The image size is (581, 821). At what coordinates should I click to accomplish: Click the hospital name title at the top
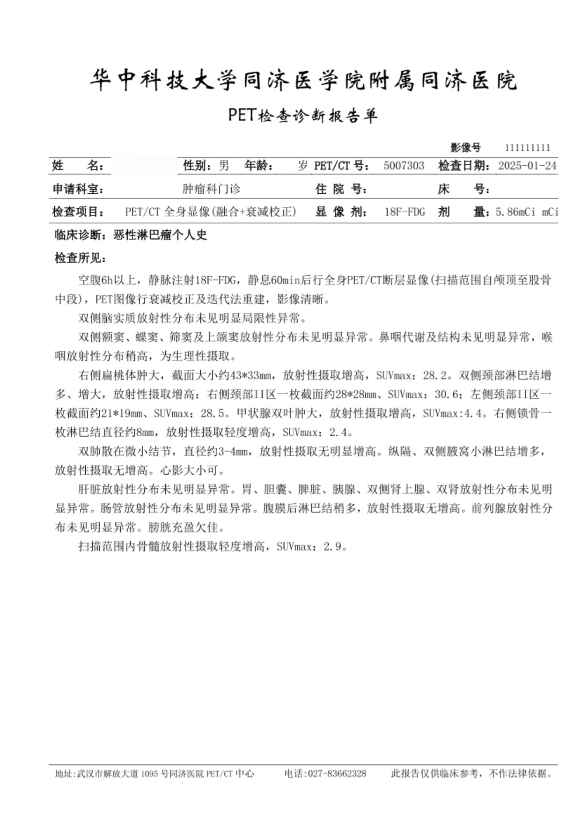tap(303, 81)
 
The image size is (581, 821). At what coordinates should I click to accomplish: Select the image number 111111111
tap(527, 148)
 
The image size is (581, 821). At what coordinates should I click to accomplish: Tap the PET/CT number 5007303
tap(404, 166)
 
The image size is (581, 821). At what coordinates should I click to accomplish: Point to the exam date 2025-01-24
tap(527, 166)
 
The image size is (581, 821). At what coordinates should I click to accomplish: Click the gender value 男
tap(224, 166)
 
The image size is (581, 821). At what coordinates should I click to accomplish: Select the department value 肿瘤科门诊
tap(211, 189)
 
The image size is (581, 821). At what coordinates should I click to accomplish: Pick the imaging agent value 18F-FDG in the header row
tap(404, 212)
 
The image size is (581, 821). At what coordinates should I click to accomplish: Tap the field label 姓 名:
tap(78, 166)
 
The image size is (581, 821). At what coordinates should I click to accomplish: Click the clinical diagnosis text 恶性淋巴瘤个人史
tap(160, 235)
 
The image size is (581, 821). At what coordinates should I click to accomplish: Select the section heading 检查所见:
tap(81, 258)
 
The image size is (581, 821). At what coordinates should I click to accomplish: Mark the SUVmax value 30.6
tap(446, 395)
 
